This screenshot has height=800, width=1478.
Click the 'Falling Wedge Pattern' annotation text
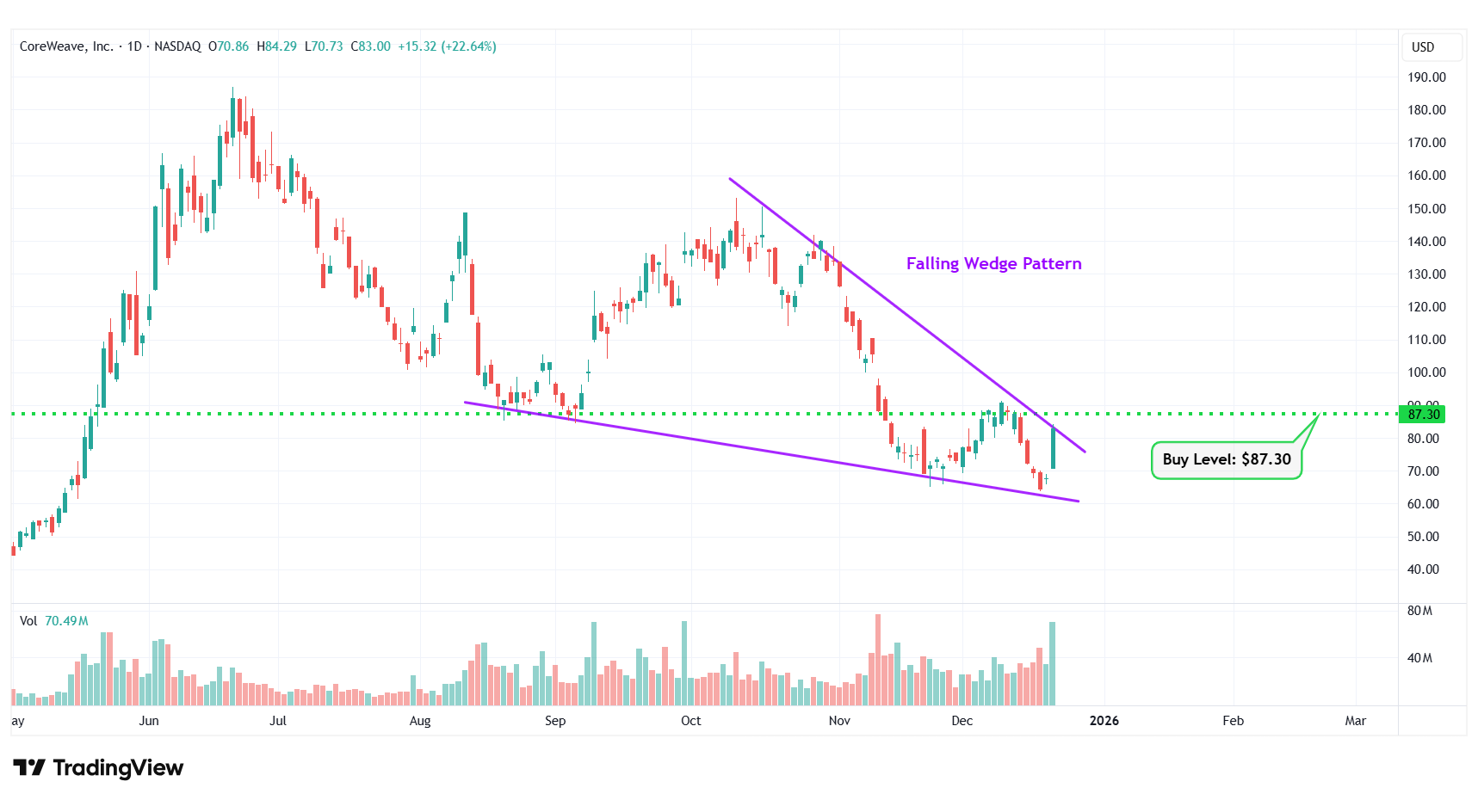pos(993,263)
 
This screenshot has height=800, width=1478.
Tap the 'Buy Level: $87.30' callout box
pos(1226,459)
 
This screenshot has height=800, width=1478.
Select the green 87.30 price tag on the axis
pos(1423,414)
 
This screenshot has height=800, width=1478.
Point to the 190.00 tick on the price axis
pos(1426,77)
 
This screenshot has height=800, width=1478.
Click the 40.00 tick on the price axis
pos(1423,569)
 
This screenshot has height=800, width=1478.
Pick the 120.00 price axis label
pos(1426,307)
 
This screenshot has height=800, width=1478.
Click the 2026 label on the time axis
pos(1104,721)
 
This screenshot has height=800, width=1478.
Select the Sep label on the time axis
pos(555,721)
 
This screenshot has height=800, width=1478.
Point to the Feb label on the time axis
pos(1233,721)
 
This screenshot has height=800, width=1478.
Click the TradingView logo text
pos(99,767)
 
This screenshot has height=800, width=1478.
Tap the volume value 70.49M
pos(66,621)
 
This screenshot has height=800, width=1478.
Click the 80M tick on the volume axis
pos(1419,611)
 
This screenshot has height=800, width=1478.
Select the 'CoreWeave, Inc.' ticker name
pos(66,46)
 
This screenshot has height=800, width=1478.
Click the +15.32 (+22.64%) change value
pos(447,46)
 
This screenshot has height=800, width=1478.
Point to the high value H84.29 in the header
pos(276,46)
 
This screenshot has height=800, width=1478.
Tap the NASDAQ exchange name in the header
pos(177,46)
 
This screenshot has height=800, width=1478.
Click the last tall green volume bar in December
pos(1052,662)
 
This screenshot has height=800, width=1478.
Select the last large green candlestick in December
pos(1053,448)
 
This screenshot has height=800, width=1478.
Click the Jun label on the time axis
pos(149,721)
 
